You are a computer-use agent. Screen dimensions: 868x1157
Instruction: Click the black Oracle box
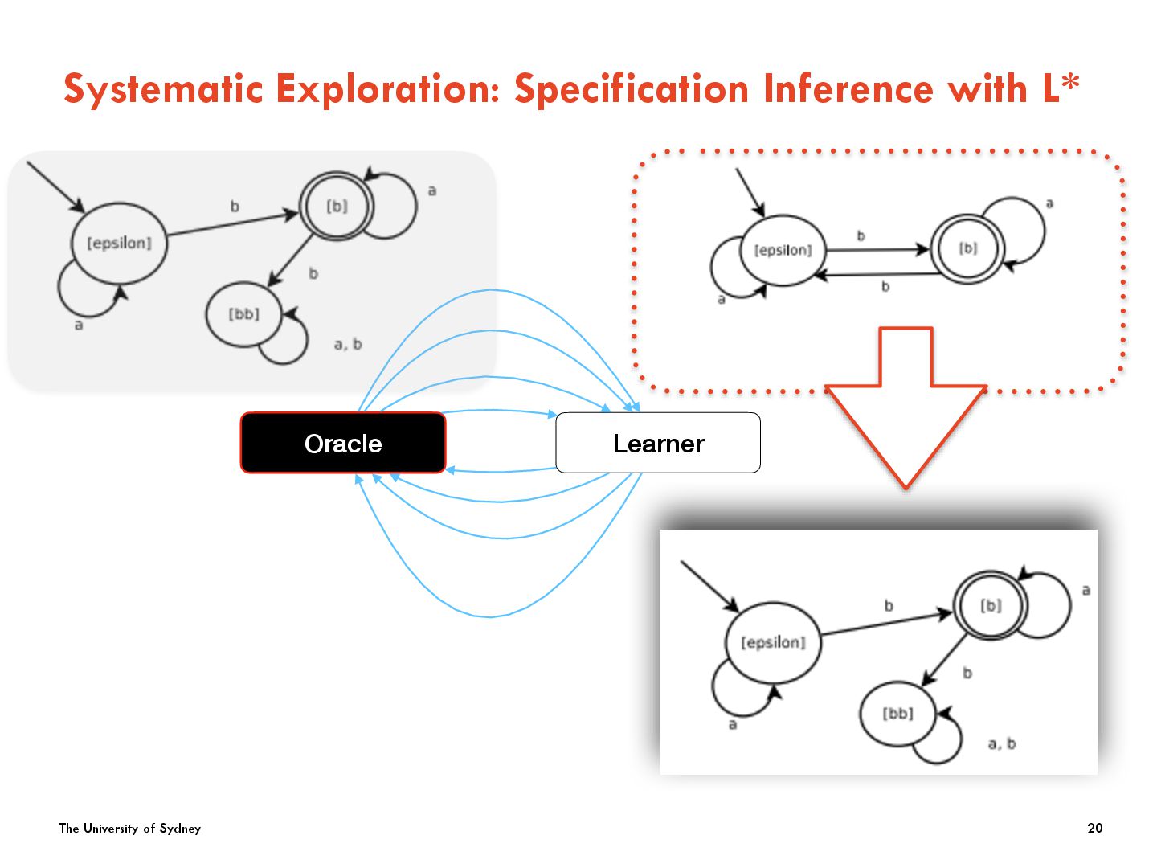[343, 443]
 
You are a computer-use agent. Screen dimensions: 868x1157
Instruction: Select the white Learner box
[658, 443]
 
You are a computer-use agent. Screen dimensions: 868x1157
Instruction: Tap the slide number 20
[1094, 828]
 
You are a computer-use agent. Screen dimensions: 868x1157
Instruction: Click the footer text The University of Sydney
[130, 828]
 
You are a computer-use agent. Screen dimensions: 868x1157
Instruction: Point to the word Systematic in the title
[163, 88]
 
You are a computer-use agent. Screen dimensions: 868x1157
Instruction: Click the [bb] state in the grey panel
[244, 314]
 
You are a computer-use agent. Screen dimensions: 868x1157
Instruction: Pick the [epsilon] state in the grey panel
[119, 243]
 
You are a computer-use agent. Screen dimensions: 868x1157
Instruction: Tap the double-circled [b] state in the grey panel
[337, 207]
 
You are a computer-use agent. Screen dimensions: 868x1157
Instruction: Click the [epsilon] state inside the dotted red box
[783, 250]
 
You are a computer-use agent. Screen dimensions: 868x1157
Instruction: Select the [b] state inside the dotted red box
[968, 248]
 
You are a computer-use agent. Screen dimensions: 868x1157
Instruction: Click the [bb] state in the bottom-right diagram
[897, 713]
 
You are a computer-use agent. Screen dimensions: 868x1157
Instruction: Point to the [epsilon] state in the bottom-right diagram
[773, 642]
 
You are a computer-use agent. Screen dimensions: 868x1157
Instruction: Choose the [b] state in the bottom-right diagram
[991, 606]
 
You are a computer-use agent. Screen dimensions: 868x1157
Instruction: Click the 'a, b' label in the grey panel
[348, 345]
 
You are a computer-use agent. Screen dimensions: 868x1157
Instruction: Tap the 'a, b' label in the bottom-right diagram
[1002, 744]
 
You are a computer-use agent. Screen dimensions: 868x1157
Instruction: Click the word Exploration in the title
[388, 88]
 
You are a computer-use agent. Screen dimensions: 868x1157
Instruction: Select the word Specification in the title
[632, 88]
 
